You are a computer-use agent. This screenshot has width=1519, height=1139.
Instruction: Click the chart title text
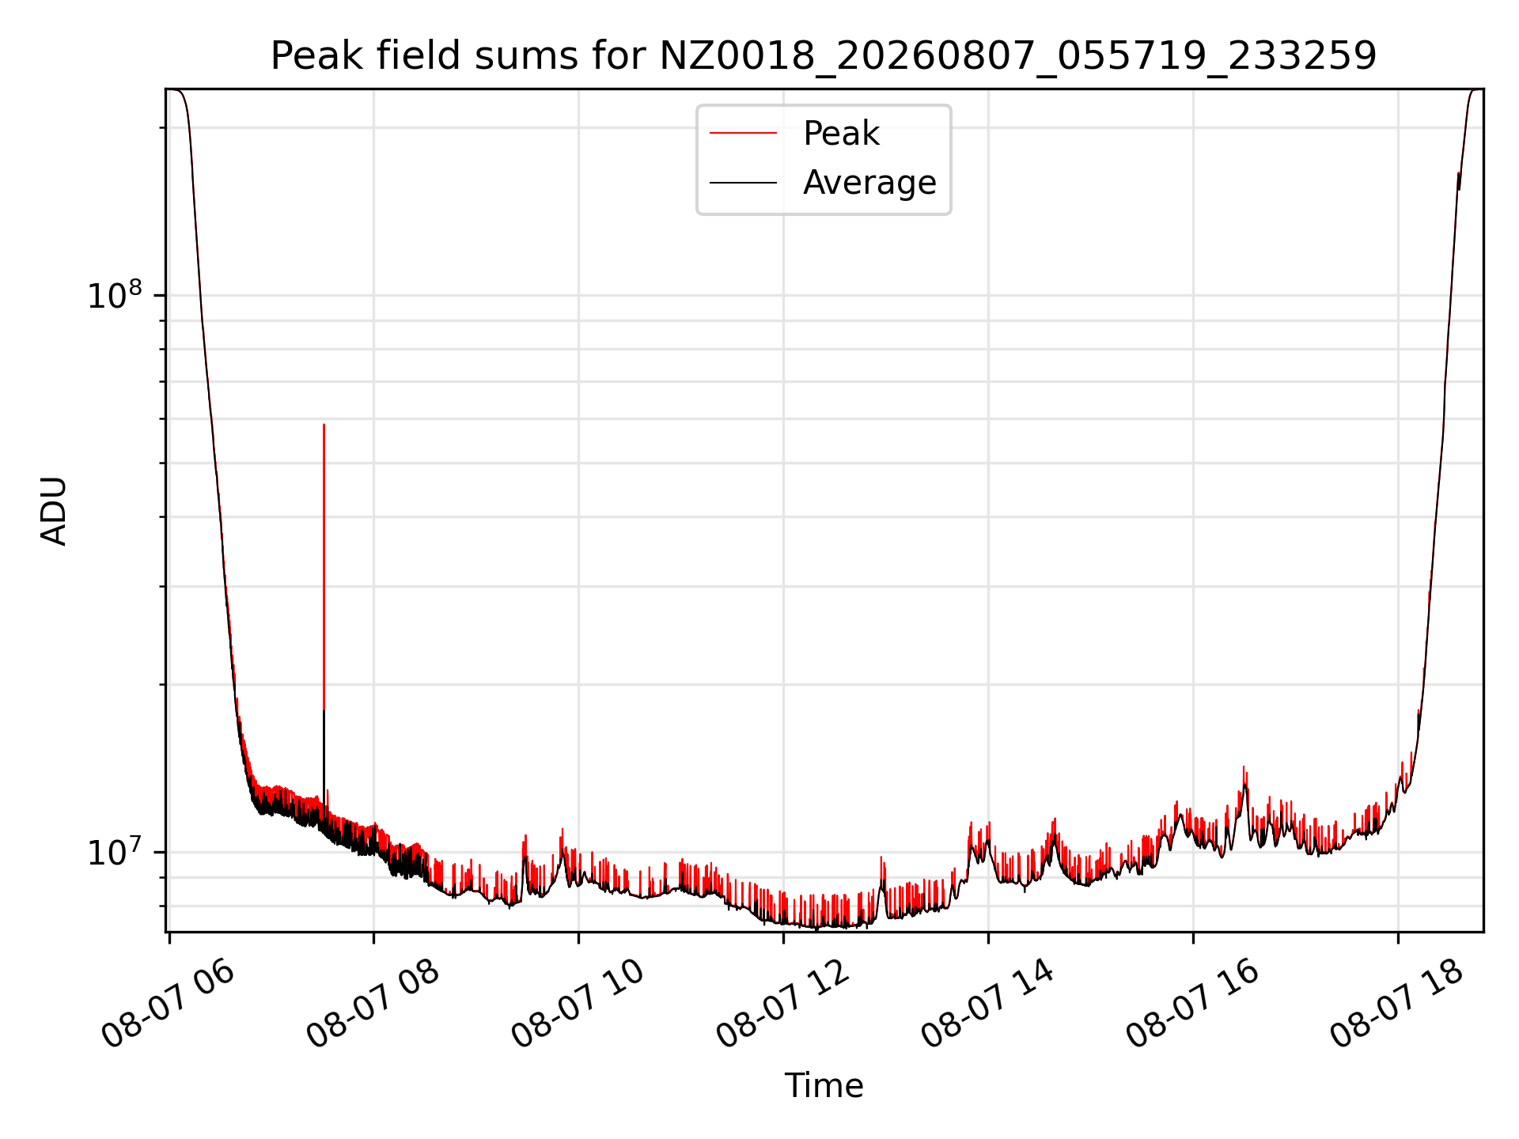tap(824, 56)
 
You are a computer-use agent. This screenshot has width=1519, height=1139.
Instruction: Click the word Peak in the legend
tap(841, 134)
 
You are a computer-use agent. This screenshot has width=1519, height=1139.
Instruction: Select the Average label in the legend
tap(869, 183)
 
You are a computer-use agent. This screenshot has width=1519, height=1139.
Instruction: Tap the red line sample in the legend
tap(743, 134)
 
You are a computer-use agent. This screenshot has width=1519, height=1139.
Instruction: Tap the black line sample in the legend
tap(743, 183)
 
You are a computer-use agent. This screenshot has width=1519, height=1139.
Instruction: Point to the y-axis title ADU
tap(54, 510)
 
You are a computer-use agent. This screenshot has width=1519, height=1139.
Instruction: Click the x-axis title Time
tap(824, 1085)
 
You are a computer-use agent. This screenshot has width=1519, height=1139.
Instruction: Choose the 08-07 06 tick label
tap(169, 1005)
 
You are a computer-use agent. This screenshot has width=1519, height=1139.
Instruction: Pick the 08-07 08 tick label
tap(373, 1005)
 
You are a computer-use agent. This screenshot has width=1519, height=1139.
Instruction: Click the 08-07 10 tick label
tap(578, 1005)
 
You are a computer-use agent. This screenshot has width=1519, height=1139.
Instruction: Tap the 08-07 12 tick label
tap(783, 1005)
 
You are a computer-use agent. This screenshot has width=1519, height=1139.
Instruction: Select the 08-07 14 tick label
tap(988, 1005)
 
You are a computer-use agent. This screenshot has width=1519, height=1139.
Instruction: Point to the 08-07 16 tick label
tap(1193, 1005)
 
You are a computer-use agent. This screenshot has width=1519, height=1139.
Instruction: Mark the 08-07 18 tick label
tap(1397, 1005)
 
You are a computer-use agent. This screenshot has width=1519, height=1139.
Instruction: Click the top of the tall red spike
tap(324, 425)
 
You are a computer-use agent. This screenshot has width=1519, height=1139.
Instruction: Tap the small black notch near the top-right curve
tap(1459, 181)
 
